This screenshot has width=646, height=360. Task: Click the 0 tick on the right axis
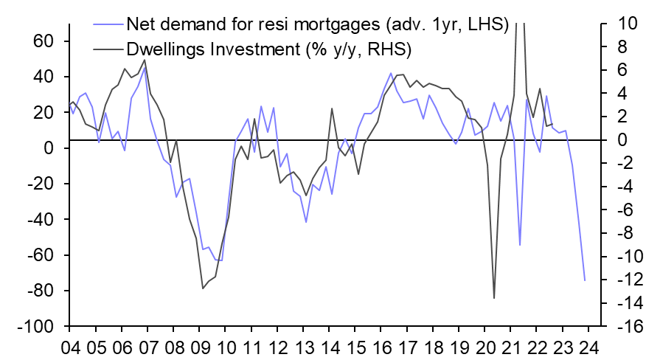tap(623, 140)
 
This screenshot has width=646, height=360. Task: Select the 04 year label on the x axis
tap(70, 347)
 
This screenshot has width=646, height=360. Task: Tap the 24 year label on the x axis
tap(588, 347)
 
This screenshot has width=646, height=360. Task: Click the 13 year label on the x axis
tap(303, 347)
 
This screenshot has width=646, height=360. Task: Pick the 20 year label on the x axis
tap(484, 347)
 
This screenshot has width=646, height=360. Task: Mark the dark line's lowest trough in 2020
tap(494, 298)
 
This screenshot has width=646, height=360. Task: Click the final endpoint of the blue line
tap(585, 280)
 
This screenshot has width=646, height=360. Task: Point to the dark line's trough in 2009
tap(203, 288)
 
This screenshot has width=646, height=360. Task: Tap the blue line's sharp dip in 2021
tap(520, 245)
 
